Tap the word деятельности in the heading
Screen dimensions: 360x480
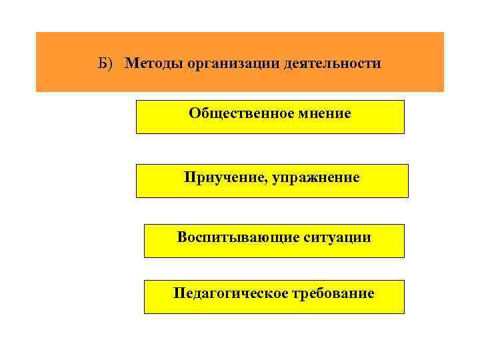pyautogui.click(x=340, y=64)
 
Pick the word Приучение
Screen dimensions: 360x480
pyautogui.click(x=225, y=178)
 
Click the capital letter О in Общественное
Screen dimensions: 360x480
pyautogui.click(x=194, y=113)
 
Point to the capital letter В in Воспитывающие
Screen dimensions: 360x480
pyautogui.click(x=182, y=237)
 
